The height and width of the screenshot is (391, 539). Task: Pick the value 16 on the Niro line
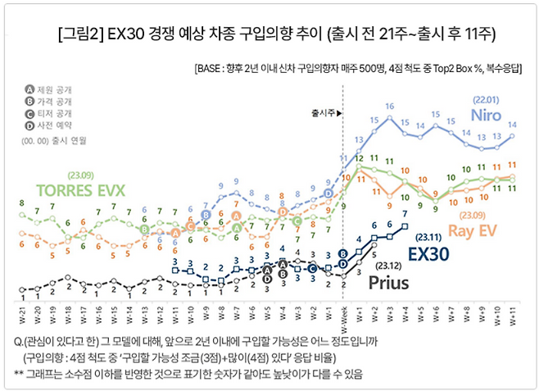point(390,106)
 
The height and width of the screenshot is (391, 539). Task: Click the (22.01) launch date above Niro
point(487,100)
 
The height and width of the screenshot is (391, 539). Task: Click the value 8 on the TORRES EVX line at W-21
point(21,202)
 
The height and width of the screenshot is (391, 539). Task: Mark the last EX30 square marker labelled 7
point(405,225)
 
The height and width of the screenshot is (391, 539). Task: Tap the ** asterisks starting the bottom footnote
point(20,374)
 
